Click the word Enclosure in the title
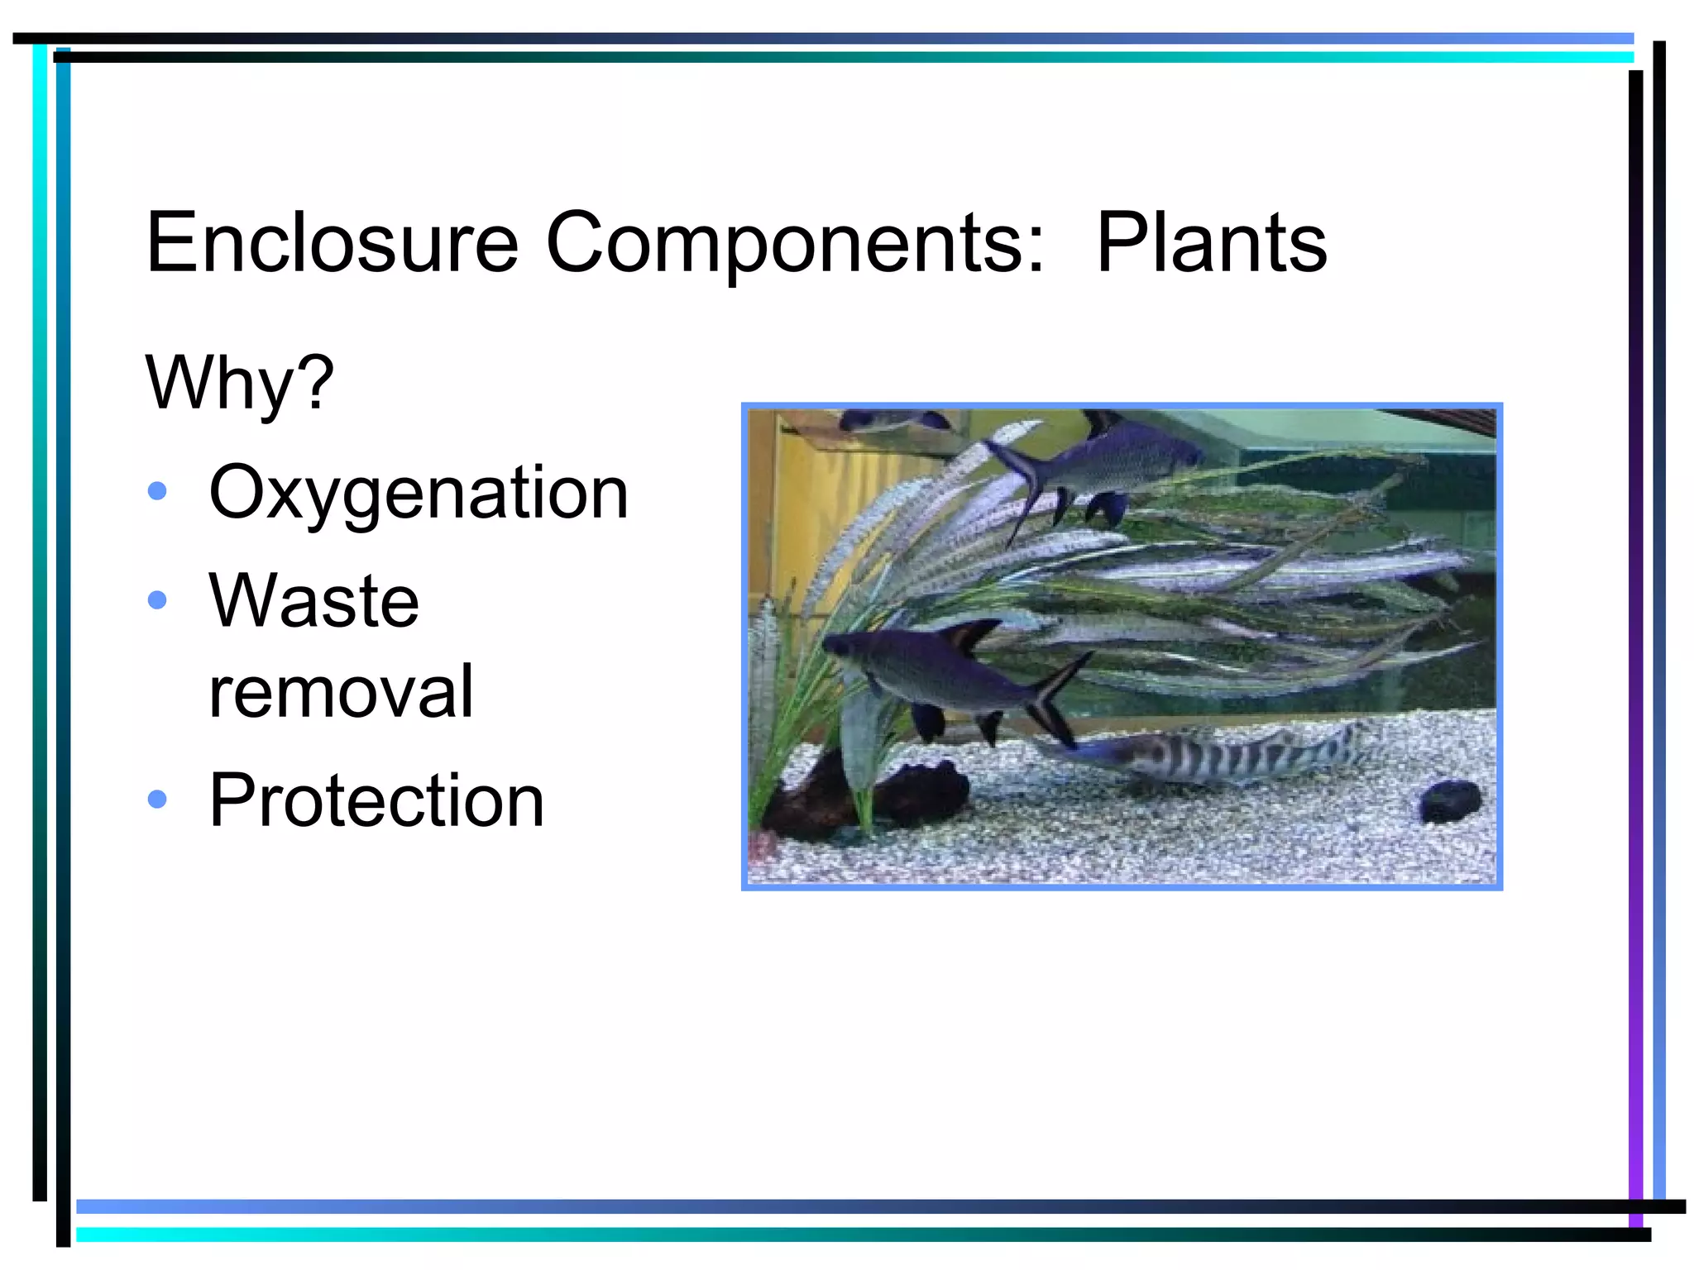point(332,242)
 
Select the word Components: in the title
point(795,242)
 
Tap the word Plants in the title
point(1211,242)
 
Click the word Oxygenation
point(419,494)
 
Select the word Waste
point(313,600)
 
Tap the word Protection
point(376,800)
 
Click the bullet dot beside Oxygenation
point(157,492)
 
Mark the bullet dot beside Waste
point(157,599)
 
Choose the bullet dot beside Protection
point(157,799)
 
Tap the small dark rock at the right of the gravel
point(1449,800)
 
